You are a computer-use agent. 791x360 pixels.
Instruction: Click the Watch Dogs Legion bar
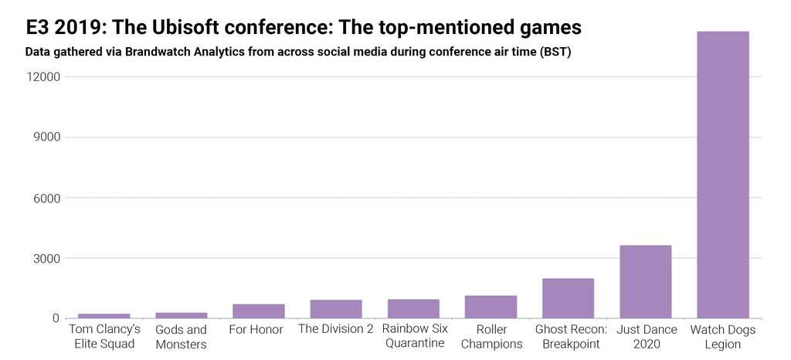(722, 175)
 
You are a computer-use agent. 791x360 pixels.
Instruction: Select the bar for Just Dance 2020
(645, 282)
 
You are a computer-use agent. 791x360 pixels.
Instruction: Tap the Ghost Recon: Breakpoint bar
(568, 298)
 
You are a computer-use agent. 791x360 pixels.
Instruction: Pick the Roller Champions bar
(491, 307)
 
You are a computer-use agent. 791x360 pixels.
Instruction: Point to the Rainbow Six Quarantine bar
(413, 309)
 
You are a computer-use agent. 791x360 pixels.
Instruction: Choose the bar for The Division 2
(336, 309)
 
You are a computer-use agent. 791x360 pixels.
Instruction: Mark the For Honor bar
(259, 311)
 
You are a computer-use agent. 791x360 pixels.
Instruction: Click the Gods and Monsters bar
(182, 315)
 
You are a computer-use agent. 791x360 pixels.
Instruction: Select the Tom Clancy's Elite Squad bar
(104, 316)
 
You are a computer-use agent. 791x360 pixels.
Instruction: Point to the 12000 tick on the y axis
(43, 77)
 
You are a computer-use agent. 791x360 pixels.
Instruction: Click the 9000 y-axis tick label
(46, 138)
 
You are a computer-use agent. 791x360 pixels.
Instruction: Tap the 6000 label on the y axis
(46, 198)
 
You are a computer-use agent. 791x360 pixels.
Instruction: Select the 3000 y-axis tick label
(46, 258)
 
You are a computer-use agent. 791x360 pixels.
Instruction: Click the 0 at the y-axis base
(56, 318)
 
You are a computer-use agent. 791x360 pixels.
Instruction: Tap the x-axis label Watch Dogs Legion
(723, 337)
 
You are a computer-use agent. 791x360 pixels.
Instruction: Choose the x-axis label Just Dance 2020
(645, 337)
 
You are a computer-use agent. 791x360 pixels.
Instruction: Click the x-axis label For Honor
(256, 330)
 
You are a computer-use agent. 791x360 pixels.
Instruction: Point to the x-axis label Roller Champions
(491, 337)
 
